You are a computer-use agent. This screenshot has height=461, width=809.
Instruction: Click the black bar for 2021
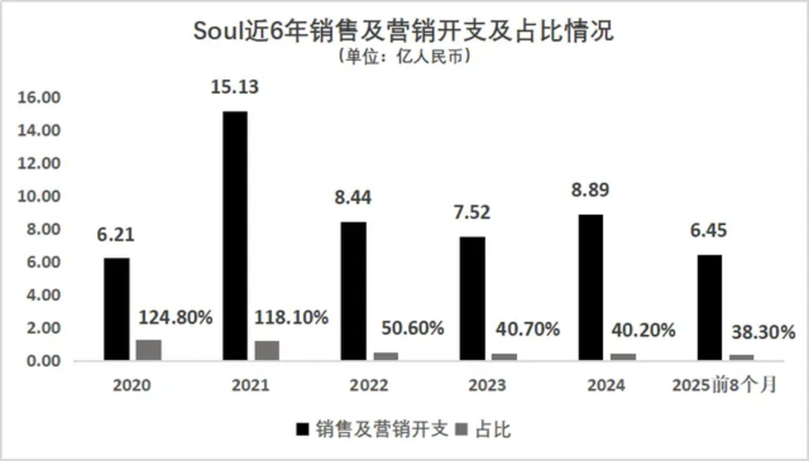pos(234,236)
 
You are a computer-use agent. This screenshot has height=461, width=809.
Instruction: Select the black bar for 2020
pos(117,309)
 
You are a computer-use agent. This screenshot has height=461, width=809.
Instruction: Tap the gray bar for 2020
pos(149,350)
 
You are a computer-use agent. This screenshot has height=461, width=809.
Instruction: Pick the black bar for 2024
pos(590,288)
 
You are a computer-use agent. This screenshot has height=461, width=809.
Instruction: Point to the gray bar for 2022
pos(386,356)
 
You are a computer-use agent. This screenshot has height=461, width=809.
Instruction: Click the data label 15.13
pos(234,87)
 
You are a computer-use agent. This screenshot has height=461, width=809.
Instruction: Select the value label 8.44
pos(353,198)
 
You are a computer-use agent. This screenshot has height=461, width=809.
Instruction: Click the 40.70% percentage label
pos(528,329)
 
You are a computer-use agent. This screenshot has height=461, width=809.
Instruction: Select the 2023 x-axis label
pos(487,385)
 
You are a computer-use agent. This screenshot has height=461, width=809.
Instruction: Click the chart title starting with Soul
pos(403,32)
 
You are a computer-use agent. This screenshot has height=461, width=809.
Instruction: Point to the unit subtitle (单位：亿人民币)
pos(403,57)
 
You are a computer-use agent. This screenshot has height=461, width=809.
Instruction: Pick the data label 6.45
pos(708,231)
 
